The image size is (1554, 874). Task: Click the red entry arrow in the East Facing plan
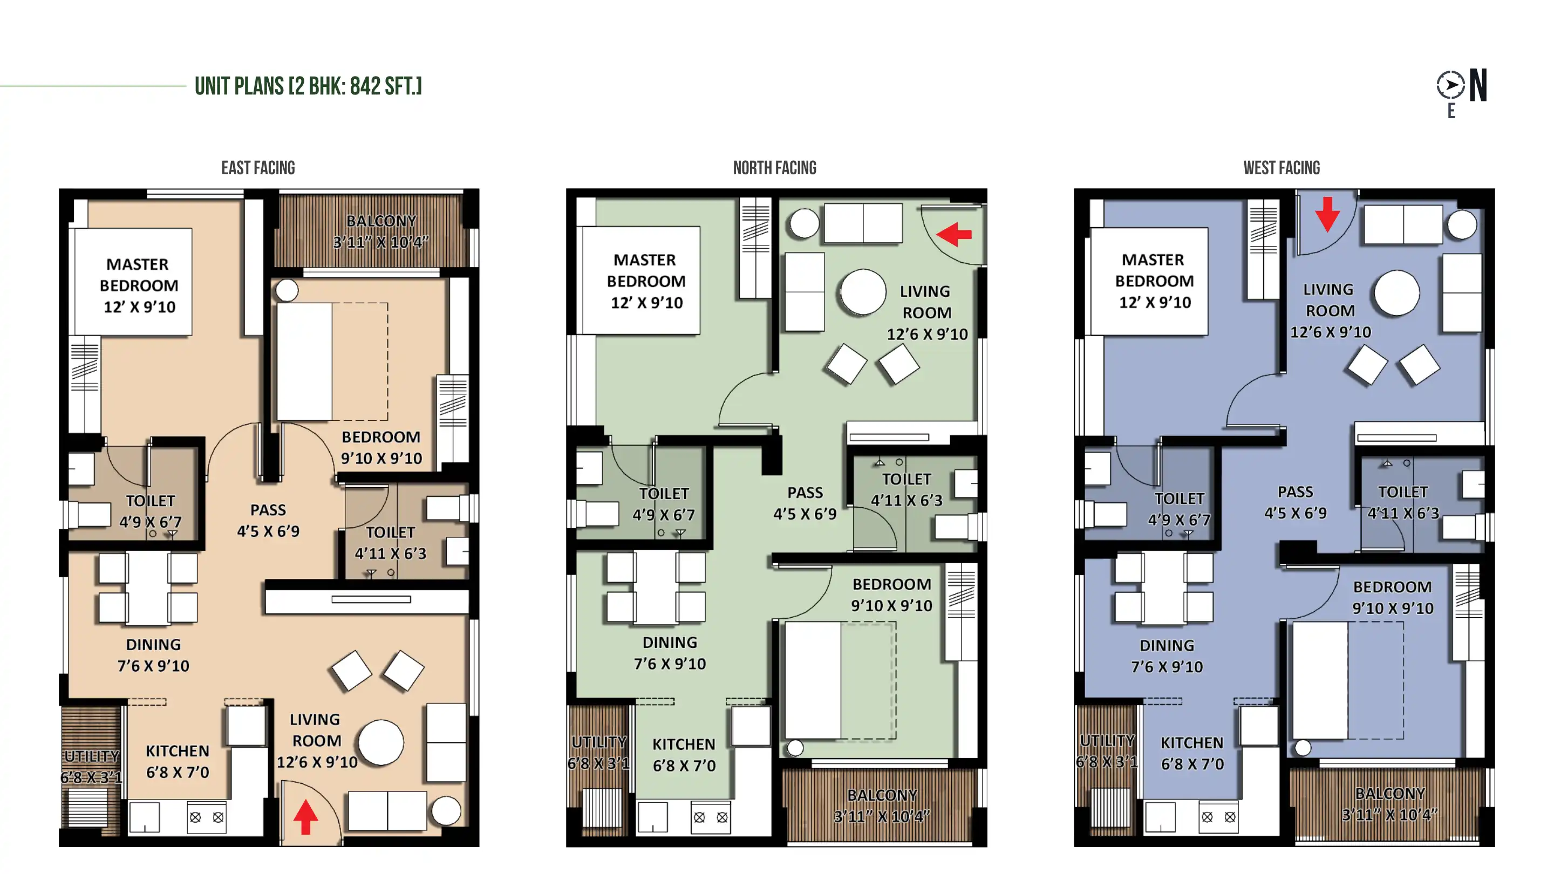click(x=306, y=817)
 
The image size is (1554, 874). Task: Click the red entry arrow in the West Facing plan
click(x=1328, y=214)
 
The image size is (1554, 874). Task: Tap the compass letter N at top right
click(x=1478, y=86)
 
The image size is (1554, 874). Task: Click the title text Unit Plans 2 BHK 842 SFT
click(x=308, y=86)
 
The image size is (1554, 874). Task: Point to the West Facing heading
click(x=1282, y=168)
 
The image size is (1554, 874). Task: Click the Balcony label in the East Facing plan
click(x=381, y=231)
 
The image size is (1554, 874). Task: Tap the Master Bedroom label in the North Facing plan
click(x=645, y=281)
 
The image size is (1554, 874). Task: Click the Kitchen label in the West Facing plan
click(x=1192, y=753)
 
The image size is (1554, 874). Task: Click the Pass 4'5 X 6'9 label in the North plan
click(x=805, y=503)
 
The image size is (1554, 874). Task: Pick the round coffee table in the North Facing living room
click(x=863, y=292)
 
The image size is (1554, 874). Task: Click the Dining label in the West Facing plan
click(x=1167, y=656)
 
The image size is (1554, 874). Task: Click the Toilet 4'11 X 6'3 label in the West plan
click(x=1403, y=502)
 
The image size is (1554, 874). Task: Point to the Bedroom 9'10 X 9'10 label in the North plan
click(x=891, y=595)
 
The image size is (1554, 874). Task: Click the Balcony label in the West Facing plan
click(x=1390, y=804)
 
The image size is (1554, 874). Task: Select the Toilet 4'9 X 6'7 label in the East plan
click(x=150, y=511)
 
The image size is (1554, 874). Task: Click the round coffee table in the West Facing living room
click(x=1396, y=293)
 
